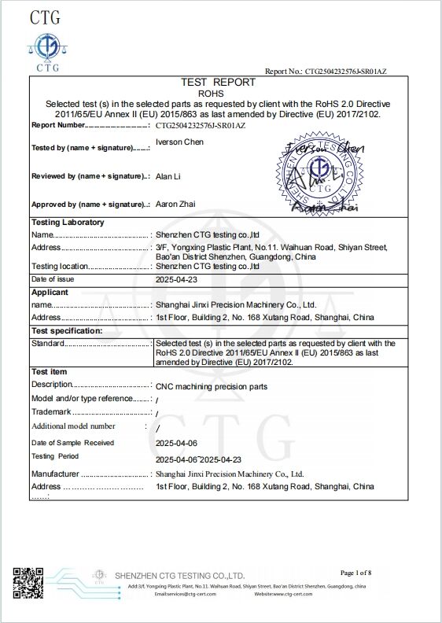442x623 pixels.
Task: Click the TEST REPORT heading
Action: click(x=218, y=82)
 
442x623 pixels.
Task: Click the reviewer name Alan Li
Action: click(x=169, y=178)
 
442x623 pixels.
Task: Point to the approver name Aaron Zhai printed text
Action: click(x=176, y=205)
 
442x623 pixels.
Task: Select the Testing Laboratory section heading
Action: click(x=68, y=223)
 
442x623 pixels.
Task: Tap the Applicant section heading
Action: click(x=50, y=292)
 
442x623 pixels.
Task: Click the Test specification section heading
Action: click(x=67, y=330)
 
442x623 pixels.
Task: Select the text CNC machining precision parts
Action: click(x=212, y=387)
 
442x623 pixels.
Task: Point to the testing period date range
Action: click(x=198, y=459)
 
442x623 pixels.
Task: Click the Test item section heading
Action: click(x=49, y=371)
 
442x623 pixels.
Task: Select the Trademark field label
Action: click(x=50, y=412)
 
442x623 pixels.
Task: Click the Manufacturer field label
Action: click(x=55, y=474)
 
